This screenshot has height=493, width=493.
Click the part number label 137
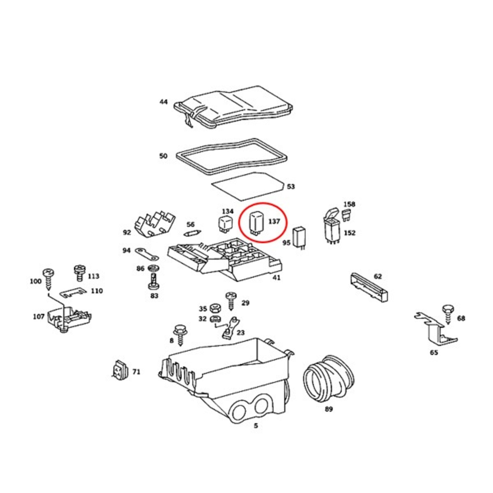[274, 222]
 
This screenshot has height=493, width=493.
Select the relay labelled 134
[226, 224]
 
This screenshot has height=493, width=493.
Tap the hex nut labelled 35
[215, 308]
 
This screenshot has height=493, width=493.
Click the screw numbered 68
[448, 314]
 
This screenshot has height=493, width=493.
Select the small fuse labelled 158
[346, 215]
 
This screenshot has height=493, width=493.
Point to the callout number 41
[277, 277]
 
